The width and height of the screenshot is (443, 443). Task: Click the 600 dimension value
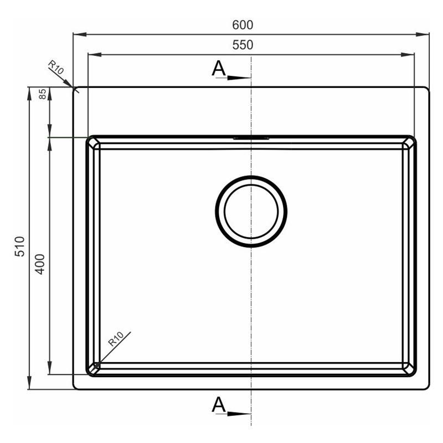[x=243, y=25]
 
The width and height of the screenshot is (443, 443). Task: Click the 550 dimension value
[x=243, y=45]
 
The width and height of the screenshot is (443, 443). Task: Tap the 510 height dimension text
[x=20, y=246]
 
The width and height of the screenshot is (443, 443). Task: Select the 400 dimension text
[x=40, y=264]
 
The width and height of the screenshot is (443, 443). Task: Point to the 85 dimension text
[x=42, y=94]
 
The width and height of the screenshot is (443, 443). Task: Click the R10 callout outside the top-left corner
[x=56, y=67]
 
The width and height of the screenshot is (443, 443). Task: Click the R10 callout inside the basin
[x=116, y=339]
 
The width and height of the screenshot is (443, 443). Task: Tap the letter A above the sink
[x=219, y=68]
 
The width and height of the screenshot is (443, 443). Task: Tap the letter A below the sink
[x=219, y=404]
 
